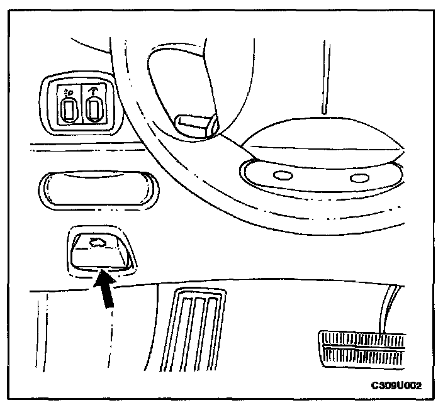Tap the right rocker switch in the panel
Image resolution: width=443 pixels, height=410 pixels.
pyautogui.click(x=94, y=112)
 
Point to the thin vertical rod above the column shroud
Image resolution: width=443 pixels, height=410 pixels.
pyautogui.click(x=324, y=75)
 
